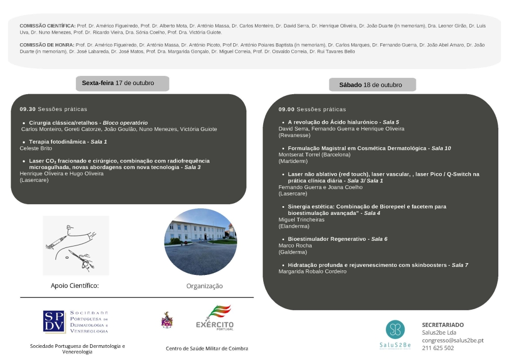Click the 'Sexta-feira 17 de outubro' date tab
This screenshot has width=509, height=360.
click(122, 83)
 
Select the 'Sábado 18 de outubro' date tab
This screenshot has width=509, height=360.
click(372, 85)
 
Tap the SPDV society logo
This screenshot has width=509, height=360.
click(76, 322)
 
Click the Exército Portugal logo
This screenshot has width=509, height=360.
click(214, 318)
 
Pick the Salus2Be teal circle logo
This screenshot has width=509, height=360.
click(395, 329)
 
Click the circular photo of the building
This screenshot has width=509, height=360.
click(201, 242)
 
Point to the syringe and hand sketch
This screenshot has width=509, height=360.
click(76, 245)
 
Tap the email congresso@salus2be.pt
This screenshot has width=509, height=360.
click(453, 340)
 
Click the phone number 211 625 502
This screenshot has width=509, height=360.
click(438, 348)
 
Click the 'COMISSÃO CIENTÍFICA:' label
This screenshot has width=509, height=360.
click(47, 25)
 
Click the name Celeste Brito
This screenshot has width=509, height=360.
click(36, 148)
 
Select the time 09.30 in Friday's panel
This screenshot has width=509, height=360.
click(27, 109)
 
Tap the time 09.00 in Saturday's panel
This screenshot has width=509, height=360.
click(286, 109)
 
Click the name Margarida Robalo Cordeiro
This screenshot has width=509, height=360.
click(313, 271)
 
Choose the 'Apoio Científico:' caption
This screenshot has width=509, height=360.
click(75, 286)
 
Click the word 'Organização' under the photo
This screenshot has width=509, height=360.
click(204, 286)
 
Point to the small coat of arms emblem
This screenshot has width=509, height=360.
click(166, 320)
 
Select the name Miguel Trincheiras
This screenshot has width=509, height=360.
click(301, 219)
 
